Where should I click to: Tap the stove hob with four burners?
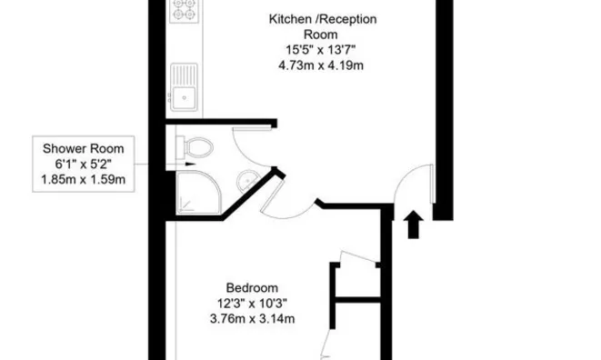point(185,12)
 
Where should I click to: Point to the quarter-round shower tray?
point(192,191)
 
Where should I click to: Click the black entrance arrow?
point(414,224)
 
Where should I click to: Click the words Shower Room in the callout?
point(83,149)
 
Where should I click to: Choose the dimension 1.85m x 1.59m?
point(83,180)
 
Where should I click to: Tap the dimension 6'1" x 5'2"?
point(83,165)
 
